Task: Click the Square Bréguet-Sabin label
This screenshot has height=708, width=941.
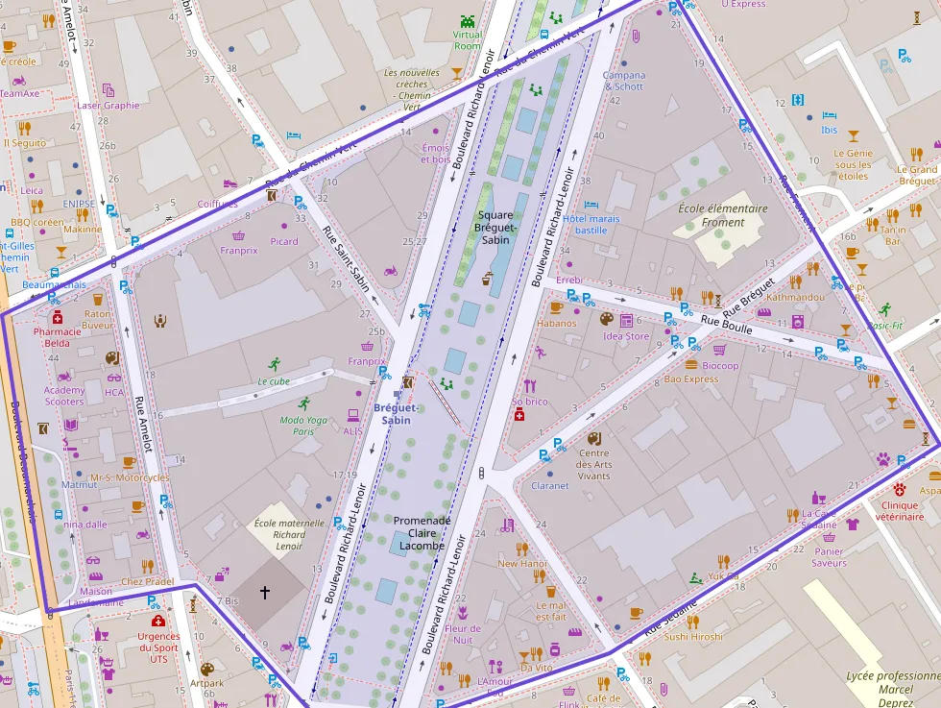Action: point(495,227)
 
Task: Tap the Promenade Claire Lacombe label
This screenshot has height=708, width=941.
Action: point(422,533)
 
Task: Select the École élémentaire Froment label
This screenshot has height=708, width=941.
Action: point(723,215)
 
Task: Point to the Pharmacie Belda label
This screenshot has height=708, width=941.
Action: point(57,336)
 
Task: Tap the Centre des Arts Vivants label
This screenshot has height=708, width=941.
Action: point(593,465)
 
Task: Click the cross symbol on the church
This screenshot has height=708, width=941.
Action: point(265,594)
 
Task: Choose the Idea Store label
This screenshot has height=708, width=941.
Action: point(626,336)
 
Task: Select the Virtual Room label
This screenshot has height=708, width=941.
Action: point(468,39)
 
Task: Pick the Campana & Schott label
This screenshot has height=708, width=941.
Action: point(623,81)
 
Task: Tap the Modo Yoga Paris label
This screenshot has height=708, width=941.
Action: point(303,426)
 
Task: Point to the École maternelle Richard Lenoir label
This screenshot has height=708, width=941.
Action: point(276,534)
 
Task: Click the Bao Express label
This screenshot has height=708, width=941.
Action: point(691,379)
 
